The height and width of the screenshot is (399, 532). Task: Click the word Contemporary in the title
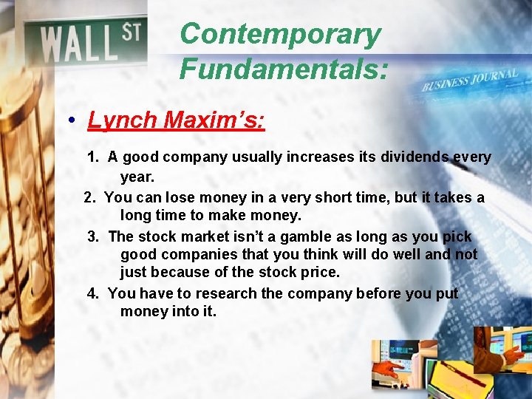[280, 35]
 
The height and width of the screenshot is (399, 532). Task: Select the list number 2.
[89, 197]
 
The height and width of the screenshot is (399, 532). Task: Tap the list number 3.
[92, 237]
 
